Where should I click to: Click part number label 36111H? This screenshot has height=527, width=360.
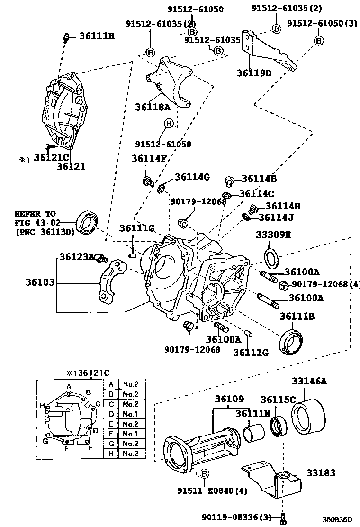pos(97,35)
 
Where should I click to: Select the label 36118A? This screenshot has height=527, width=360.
pos(153,107)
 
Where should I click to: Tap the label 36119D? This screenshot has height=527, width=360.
pos(254,73)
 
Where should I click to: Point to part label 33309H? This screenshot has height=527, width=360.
pos(274,234)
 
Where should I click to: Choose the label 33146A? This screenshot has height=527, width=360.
pos(309,381)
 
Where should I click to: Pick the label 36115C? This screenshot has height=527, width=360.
pos(278,400)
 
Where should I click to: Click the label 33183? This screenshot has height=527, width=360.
pos(321,472)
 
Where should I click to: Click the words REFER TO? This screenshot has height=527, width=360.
pos(35,214)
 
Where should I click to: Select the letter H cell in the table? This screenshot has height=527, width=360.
pos(110,454)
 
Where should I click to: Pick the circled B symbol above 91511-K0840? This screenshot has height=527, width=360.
pos(205,473)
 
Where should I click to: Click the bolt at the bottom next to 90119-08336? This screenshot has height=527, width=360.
pos(283,518)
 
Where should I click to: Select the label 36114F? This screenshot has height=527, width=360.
pos(149,159)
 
